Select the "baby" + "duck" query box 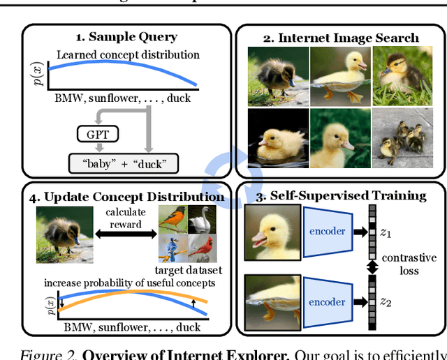pyautogui.click(x=123, y=164)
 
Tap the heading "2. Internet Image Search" pyautogui.click(x=341, y=37)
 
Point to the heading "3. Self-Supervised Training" pyautogui.click(x=341, y=195)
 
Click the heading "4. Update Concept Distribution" pyautogui.click(x=126, y=196)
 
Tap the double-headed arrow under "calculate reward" pyautogui.click(x=124, y=237)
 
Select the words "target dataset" pyautogui.click(x=187, y=270)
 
